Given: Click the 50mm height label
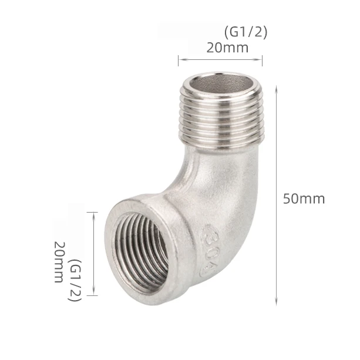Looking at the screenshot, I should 304,198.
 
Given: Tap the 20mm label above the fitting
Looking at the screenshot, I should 227,48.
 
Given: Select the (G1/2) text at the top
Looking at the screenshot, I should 245,32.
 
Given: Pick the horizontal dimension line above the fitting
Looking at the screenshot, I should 220,59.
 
